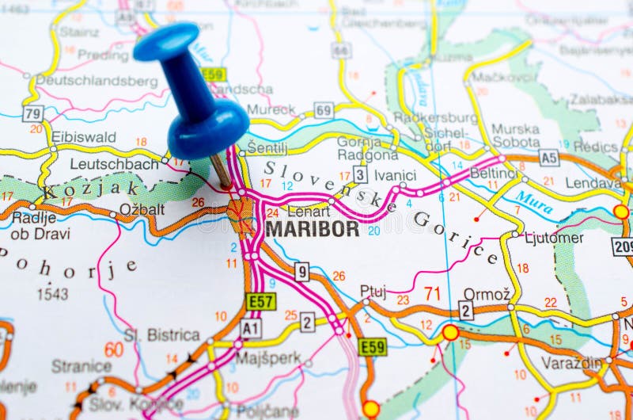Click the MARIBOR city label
312,229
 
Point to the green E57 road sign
260,301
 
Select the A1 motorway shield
251,328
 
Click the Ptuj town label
373,291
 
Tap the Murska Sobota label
516,136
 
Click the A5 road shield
548,157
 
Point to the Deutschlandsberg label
97,81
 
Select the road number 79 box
32,113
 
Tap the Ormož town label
481,293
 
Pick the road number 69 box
323,110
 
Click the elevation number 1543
52,293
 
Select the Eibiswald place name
84,137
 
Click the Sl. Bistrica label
161,335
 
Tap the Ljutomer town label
554,238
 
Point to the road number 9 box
301,272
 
